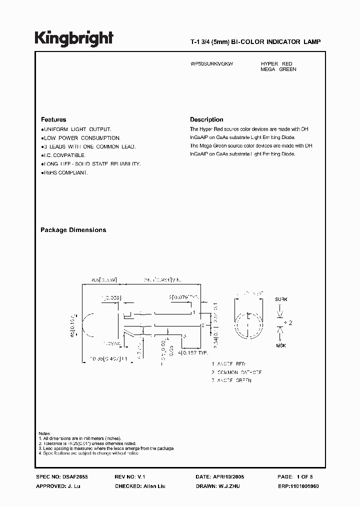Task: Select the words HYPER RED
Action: click(x=276, y=64)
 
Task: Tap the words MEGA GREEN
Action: click(x=278, y=69)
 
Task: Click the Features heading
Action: click(x=53, y=120)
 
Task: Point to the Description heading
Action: click(x=206, y=120)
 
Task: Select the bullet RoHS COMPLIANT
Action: click(x=65, y=172)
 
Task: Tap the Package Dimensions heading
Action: click(x=73, y=230)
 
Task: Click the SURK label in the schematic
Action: click(x=281, y=299)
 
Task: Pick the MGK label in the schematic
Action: click(x=281, y=346)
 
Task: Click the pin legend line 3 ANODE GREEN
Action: click(x=231, y=380)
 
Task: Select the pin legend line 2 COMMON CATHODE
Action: click(x=236, y=372)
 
